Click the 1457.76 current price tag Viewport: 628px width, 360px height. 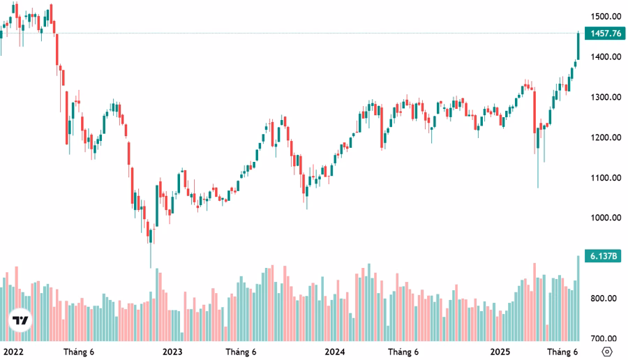pyautogui.click(x=605, y=33)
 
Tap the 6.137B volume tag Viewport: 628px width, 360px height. pyautogui.click(x=604, y=257)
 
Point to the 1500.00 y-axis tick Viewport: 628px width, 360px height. pyautogui.click(x=604, y=16)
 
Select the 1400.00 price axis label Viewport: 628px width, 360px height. pyautogui.click(x=604, y=57)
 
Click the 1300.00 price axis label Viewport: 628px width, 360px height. pyautogui.click(x=604, y=97)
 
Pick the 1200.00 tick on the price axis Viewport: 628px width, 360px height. pyautogui.click(x=604, y=137)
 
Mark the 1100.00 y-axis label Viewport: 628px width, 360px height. pyautogui.click(x=604, y=178)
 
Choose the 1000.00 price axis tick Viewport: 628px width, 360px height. pyautogui.click(x=604, y=218)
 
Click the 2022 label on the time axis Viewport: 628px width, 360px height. pyautogui.click(x=14, y=351)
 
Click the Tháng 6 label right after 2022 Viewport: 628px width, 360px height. pyautogui.click(x=79, y=351)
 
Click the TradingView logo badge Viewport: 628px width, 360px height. pyautogui.click(x=21, y=321)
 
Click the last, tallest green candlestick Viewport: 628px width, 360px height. pyautogui.click(x=578, y=45)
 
